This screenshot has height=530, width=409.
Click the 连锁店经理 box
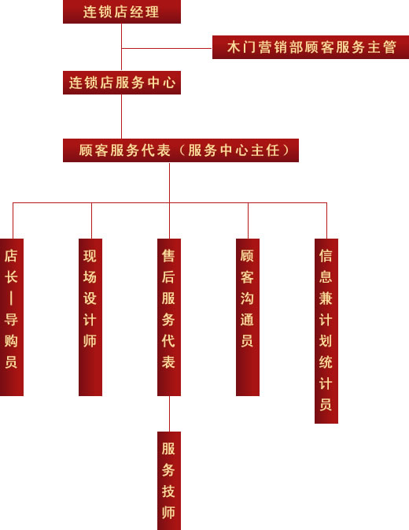pyautogui.click(x=122, y=12)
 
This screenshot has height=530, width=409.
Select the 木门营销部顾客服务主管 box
pyautogui.click(x=311, y=47)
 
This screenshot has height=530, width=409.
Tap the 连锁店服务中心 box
pyautogui.click(x=122, y=83)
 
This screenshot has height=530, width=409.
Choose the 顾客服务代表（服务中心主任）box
pyautogui.click(x=181, y=150)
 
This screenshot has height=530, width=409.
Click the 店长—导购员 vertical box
pyautogui.click(x=12, y=317)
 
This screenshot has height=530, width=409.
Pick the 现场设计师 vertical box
pyautogui.click(x=90, y=317)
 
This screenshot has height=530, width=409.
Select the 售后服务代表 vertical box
pyautogui.click(x=169, y=317)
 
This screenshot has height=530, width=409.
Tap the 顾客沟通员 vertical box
pyautogui.click(x=248, y=317)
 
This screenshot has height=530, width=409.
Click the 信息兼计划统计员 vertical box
pyautogui.click(x=326, y=331)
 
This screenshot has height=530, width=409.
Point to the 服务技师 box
pyautogui.click(x=169, y=480)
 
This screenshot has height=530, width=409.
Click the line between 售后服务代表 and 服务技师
pyautogui.click(x=169, y=413)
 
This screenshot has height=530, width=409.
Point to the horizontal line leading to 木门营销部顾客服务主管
pyautogui.click(x=167, y=48)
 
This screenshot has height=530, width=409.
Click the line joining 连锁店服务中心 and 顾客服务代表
pyautogui.click(x=121, y=117)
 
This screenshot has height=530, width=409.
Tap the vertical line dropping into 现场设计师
pyautogui.click(x=91, y=221)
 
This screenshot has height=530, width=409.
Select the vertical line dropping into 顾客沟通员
pyautogui.click(x=248, y=221)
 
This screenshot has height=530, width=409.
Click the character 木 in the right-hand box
pyautogui.click(x=234, y=47)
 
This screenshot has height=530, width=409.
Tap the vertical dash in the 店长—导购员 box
pyautogui.click(x=11, y=298)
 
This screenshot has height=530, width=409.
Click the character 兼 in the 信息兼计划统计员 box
pyautogui.click(x=326, y=298)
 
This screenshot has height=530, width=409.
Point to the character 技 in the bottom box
pyautogui.click(x=168, y=491)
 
